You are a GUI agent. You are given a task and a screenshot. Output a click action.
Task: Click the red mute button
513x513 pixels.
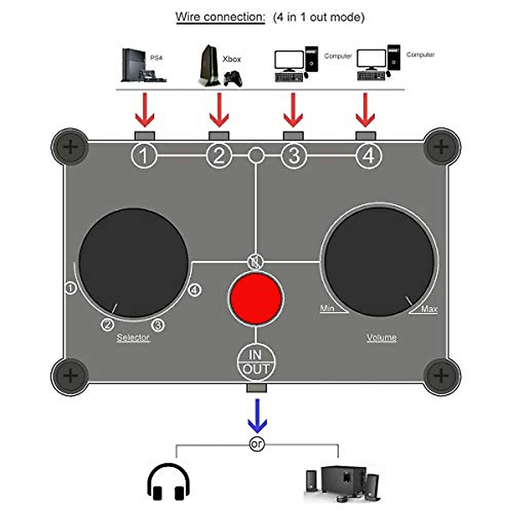pyautogui.click(x=256, y=298)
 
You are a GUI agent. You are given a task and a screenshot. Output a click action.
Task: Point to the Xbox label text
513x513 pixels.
pyautogui.click(x=232, y=59)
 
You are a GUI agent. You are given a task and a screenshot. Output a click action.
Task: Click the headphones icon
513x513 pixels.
pyautogui.click(x=168, y=481)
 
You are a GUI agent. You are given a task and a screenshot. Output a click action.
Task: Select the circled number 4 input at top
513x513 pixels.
pyautogui.click(x=369, y=155)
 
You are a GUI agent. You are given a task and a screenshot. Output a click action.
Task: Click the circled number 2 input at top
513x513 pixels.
pyautogui.click(x=219, y=155)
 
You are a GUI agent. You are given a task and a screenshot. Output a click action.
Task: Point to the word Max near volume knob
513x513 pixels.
pyautogui.click(x=429, y=309)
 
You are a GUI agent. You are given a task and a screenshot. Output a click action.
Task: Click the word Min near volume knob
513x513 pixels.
pyautogui.click(x=327, y=308)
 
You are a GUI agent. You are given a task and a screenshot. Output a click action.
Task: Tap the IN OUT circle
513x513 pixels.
pyautogui.click(x=256, y=362)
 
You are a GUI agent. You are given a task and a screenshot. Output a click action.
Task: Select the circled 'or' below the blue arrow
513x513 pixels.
pyautogui.click(x=256, y=445)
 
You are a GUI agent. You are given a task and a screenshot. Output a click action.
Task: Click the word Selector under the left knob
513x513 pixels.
pyautogui.click(x=133, y=337)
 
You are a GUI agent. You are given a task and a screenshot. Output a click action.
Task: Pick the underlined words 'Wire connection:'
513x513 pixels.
pyautogui.click(x=220, y=17)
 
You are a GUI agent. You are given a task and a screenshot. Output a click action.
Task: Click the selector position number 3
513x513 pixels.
pyautogui.click(x=158, y=325)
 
